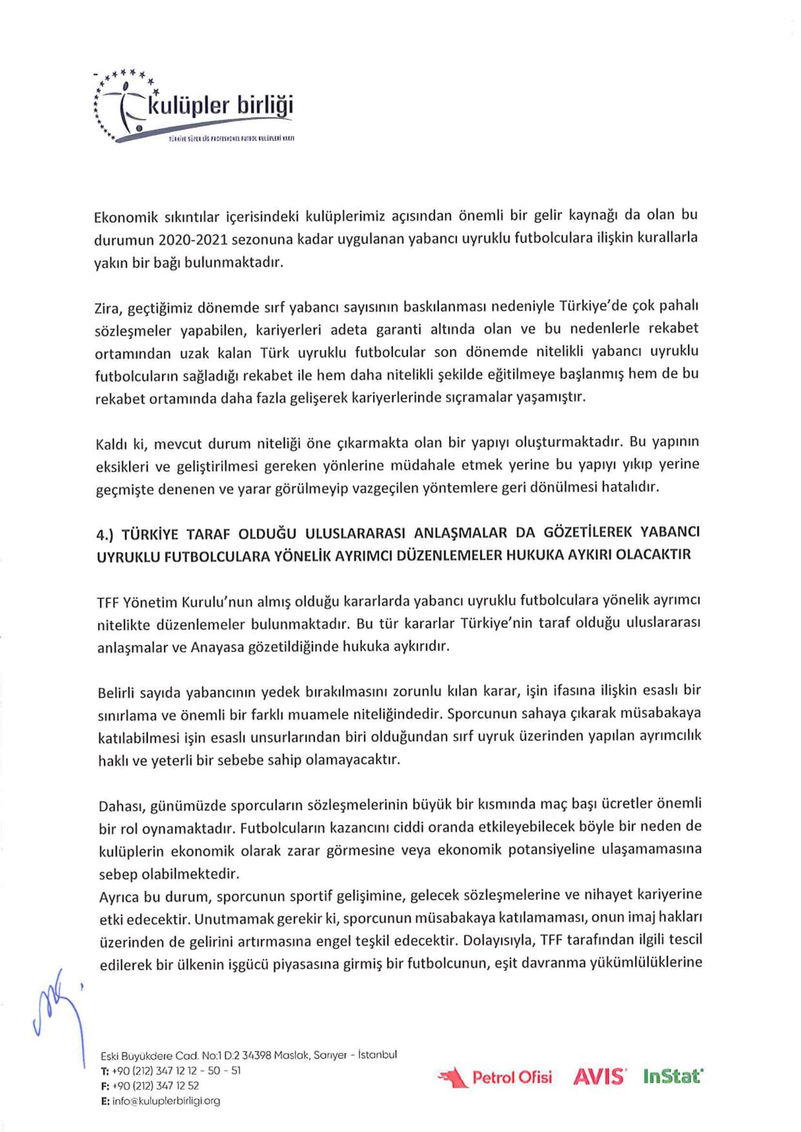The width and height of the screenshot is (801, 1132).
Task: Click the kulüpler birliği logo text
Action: [x=220, y=105]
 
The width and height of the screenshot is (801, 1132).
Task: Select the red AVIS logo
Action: [x=599, y=1077]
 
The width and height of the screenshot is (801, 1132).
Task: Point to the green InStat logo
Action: [x=673, y=1076]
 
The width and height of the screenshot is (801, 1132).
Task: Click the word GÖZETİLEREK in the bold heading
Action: [x=588, y=532]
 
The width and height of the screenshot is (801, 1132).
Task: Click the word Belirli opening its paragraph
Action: [x=116, y=693]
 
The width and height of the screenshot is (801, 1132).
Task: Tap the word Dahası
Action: [x=122, y=806]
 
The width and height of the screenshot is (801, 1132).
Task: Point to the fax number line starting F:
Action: [x=150, y=1086]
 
